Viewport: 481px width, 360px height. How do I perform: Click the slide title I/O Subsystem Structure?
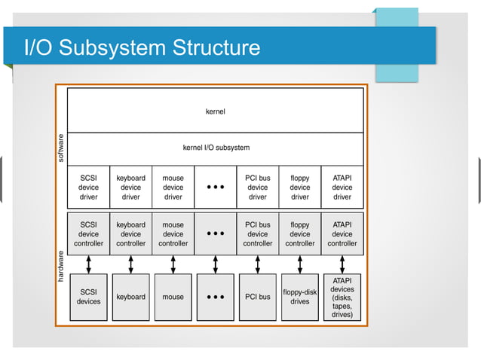(142, 48)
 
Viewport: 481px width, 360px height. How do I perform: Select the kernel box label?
(215, 111)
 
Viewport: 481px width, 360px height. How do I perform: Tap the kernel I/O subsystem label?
(216, 148)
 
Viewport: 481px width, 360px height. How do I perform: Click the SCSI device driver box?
(88, 188)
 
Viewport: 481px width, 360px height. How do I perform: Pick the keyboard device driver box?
(130, 188)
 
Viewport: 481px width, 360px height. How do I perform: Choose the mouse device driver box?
(173, 188)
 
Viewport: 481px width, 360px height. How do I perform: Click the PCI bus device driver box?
(257, 188)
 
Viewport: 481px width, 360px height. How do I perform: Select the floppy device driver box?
(299, 188)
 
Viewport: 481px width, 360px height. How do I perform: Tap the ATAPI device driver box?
(342, 188)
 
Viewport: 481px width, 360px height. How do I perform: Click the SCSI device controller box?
(88, 233)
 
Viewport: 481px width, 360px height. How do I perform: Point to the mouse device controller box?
(173, 233)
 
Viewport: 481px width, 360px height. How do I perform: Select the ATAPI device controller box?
(342, 233)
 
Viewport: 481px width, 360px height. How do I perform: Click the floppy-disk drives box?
(299, 297)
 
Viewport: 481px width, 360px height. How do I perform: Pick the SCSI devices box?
(88, 297)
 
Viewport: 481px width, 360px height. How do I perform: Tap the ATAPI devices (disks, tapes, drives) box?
(342, 297)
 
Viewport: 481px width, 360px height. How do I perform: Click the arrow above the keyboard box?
(130, 264)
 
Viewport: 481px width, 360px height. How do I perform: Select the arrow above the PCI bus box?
(257, 264)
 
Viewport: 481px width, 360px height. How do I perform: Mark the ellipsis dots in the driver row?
(215, 188)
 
